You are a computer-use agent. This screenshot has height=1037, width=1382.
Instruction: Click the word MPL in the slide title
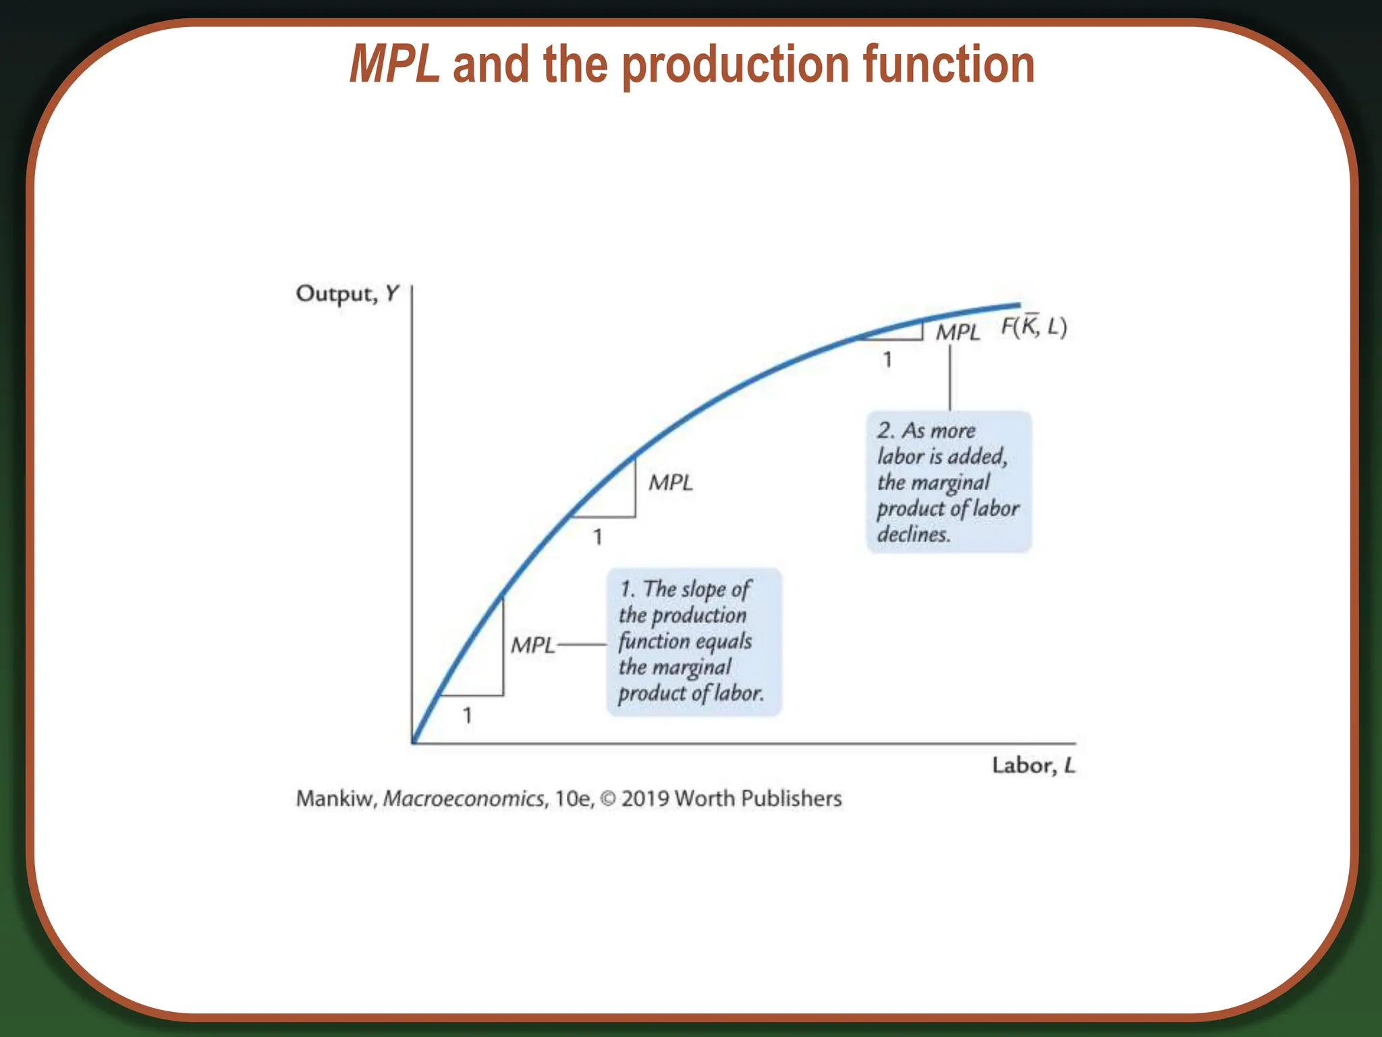(x=395, y=65)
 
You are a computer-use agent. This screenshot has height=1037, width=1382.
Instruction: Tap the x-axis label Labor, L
(x=1033, y=766)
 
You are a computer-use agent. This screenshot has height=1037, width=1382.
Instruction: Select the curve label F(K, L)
(x=1033, y=327)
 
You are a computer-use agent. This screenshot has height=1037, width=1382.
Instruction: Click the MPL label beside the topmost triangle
(x=958, y=332)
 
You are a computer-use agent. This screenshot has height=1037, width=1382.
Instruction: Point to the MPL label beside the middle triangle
(x=671, y=483)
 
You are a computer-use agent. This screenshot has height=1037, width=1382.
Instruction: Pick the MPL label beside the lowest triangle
(x=532, y=645)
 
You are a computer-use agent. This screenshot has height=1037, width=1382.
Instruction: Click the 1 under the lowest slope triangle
(x=467, y=716)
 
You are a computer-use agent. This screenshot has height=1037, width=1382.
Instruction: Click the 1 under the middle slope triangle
(x=597, y=537)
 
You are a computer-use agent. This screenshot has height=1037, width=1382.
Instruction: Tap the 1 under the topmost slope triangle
(x=887, y=360)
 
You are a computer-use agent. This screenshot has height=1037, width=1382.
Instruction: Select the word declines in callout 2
(x=913, y=535)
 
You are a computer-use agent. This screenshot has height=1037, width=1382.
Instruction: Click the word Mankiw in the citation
(x=335, y=799)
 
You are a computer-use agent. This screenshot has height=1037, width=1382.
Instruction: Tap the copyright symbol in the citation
(x=608, y=799)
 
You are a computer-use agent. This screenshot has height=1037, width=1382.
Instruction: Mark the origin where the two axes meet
(x=412, y=743)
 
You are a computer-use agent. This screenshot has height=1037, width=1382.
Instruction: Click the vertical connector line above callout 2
(x=950, y=378)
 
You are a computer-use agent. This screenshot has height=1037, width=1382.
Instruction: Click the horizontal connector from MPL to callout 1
(x=582, y=645)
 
